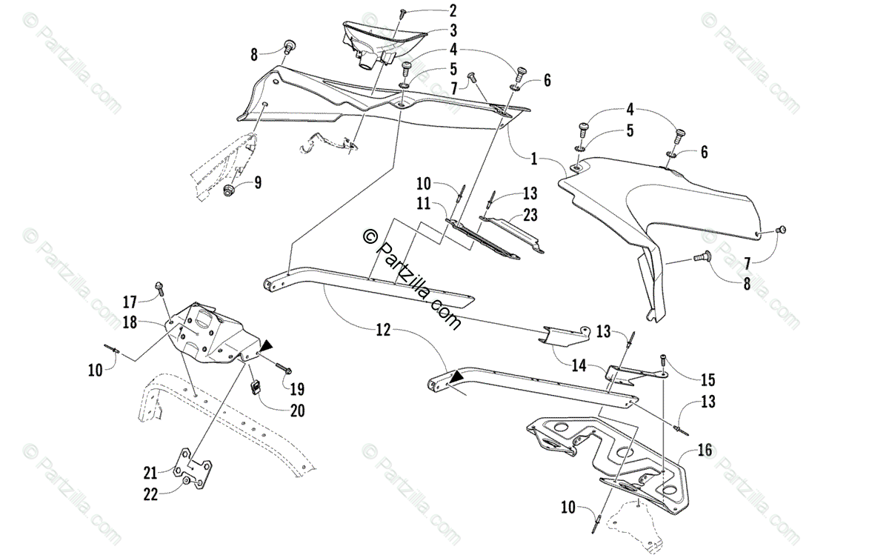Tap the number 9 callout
258,182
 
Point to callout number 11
422,202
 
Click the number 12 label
382,331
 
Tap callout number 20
297,411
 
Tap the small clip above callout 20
255,386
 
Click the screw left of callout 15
662,361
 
